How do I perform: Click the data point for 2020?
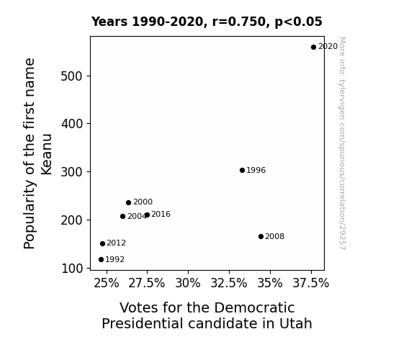click(313, 48)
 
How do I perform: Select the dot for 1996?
click(242, 171)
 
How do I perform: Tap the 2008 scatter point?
click(261, 237)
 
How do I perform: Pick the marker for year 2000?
click(129, 203)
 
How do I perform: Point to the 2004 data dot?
click(123, 216)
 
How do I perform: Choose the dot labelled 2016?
click(147, 215)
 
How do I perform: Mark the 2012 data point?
click(103, 244)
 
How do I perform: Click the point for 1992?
click(101, 260)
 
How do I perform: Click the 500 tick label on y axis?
click(72, 76)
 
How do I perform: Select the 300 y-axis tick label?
click(72, 172)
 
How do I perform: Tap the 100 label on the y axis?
click(72, 269)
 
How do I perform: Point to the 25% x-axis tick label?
click(107, 284)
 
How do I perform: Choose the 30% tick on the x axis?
click(188, 284)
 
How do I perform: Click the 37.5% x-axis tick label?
click(311, 284)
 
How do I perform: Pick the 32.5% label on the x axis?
click(229, 284)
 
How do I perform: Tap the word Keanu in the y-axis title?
click(47, 155)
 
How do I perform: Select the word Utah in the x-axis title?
click(296, 323)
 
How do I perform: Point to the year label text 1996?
click(256, 171)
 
